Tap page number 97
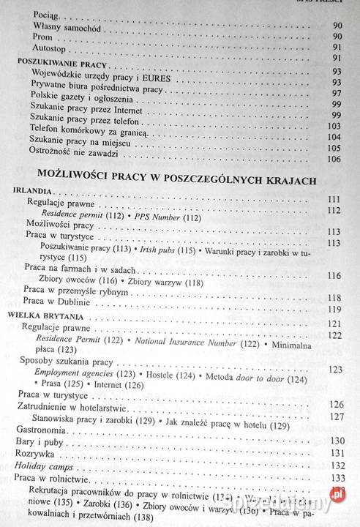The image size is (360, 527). (337, 94)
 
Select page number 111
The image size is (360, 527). (336, 199)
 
